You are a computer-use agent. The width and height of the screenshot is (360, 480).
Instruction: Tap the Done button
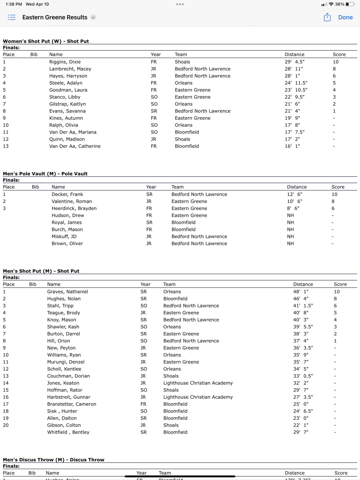pyautogui.click(x=345, y=17)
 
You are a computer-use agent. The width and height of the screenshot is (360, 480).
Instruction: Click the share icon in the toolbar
pyautogui.click(x=327, y=17)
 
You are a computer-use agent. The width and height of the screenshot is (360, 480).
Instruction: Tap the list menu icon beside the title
pyautogui.click(x=11, y=17)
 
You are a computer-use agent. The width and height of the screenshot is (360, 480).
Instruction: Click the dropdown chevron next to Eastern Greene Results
pyautogui.click(x=93, y=17)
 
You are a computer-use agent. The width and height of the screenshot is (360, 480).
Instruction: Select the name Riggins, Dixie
pyautogui.click(x=65, y=62)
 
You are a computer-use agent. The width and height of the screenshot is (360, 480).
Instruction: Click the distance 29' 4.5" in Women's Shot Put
pyautogui.click(x=294, y=62)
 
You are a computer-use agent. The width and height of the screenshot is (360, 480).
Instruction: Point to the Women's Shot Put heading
pyautogui.click(x=46, y=41)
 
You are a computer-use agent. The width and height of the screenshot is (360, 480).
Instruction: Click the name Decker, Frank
pyautogui.click(x=67, y=194)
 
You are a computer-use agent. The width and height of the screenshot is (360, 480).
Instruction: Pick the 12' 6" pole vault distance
pyautogui.click(x=294, y=194)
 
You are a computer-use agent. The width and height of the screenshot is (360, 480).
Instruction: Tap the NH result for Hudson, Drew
pyautogui.click(x=290, y=215)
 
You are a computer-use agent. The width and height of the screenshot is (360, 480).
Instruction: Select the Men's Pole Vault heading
pyautogui.click(x=45, y=174)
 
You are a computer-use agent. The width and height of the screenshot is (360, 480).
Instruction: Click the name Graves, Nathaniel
pyautogui.click(x=68, y=292)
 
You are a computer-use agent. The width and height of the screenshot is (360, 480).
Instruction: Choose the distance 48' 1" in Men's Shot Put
pyautogui.click(x=301, y=292)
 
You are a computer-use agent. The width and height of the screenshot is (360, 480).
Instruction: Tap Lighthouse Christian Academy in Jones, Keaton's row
pyautogui.click(x=198, y=383)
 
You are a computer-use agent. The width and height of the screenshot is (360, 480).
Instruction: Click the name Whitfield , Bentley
pyautogui.click(x=68, y=432)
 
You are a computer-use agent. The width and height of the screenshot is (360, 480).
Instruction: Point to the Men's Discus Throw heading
pyautogui.click(x=54, y=460)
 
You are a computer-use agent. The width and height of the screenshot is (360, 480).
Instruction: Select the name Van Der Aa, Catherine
pyautogui.click(x=75, y=146)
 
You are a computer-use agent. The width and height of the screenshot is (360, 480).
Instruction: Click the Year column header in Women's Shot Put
pyautogui.click(x=156, y=54)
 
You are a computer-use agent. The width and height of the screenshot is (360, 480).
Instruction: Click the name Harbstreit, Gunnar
pyautogui.click(x=69, y=397)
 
